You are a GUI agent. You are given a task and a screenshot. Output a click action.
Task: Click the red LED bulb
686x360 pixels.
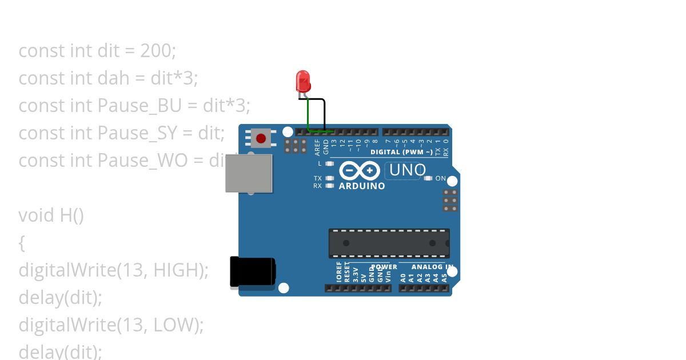point(303,81)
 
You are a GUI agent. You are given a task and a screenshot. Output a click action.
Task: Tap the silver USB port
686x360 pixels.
point(249,173)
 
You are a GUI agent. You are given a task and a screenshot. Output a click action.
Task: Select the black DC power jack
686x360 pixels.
point(252,271)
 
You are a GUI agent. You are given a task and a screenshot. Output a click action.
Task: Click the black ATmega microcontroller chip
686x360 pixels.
point(389,243)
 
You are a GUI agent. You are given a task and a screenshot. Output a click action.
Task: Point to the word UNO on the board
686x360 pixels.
point(408,170)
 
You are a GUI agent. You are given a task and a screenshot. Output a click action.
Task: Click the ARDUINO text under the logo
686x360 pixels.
point(362,186)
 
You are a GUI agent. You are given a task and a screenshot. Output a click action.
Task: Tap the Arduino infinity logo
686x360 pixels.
point(360,171)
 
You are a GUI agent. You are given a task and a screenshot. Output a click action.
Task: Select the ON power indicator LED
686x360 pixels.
point(428,178)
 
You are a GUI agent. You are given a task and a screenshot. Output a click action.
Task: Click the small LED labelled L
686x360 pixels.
point(329,163)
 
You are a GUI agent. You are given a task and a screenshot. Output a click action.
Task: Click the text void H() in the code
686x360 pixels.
point(51,215)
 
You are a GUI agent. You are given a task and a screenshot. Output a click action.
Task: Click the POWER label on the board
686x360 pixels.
point(384,267)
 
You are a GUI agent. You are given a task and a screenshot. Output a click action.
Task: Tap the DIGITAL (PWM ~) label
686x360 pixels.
point(400,152)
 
